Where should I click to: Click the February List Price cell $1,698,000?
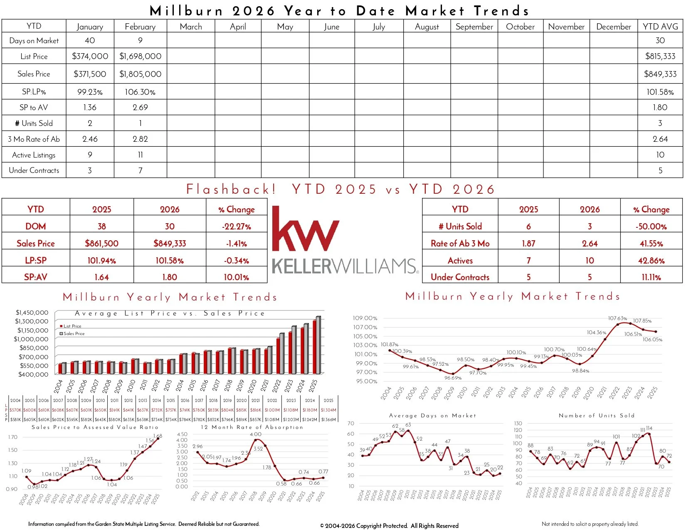[140, 56]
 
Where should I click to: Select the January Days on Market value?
[90, 40]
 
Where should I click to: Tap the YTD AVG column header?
[660, 27]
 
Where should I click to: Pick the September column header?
[474, 27]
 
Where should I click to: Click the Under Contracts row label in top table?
[34, 170]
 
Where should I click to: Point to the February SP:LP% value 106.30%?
[140, 92]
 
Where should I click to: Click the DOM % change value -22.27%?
[236, 227]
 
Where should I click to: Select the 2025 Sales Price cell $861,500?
[101, 244]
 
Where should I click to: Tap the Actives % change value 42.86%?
[651, 261]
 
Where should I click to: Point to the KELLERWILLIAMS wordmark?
[345, 266]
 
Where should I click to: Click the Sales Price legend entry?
[74, 333]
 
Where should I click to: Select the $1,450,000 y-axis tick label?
[32, 313]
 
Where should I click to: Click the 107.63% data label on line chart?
[617, 318]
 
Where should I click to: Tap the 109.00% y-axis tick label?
[365, 318]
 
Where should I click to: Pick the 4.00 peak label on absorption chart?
[256, 434]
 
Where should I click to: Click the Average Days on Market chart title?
[432, 415]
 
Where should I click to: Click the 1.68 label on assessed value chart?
[158, 436]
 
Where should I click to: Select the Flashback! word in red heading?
[231, 190]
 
